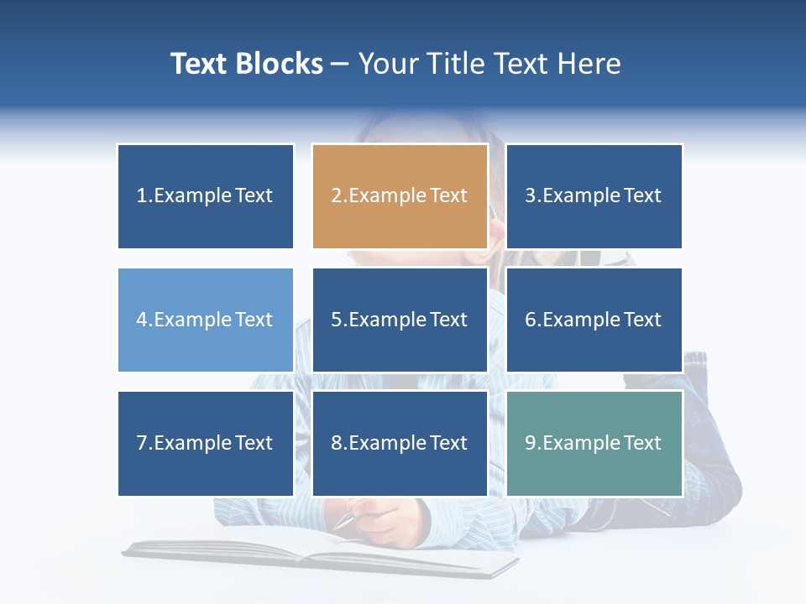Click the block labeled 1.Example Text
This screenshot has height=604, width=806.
point(206,196)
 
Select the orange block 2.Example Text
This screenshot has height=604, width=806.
point(400,196)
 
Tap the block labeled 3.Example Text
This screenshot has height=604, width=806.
point(594,196)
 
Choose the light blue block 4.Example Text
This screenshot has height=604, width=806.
point(206,320)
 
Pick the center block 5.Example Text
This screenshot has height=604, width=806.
point(400,320)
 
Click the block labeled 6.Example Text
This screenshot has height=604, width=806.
point(594,320)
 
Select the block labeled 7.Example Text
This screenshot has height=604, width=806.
point(206,443)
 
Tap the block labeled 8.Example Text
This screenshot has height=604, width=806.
point(400,443)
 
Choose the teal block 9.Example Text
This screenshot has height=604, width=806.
point(594,443)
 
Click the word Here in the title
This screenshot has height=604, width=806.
point(589,64)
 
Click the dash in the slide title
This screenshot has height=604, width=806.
point(340,65)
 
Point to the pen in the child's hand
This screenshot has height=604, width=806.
point(346,521)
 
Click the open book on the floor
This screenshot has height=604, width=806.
point(319,554)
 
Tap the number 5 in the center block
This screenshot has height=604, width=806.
point(336,320)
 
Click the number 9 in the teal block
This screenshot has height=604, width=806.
point(531,443)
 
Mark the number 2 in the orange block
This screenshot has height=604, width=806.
point(336,196)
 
